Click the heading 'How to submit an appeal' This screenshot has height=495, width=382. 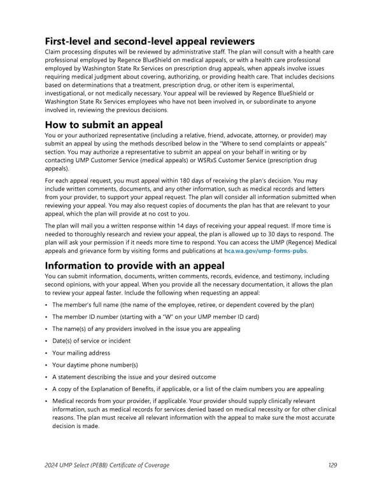coord(104,124)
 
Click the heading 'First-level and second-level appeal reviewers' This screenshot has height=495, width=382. coord(148,41)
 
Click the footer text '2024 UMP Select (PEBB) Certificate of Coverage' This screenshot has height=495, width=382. coord(107,465)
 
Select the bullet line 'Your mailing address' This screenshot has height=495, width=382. coord(81,353)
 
